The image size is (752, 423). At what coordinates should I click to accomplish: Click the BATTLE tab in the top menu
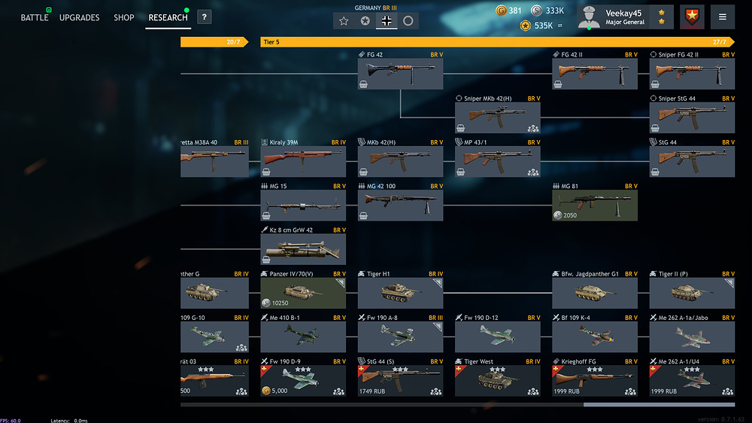35,17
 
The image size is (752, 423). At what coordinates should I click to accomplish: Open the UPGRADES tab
79,17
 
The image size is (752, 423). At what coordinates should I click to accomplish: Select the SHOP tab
124,17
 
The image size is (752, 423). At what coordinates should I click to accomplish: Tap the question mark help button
204,17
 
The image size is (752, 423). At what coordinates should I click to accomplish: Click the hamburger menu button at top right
723,17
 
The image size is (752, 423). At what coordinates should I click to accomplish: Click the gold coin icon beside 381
502,11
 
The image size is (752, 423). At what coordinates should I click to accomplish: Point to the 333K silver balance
555,11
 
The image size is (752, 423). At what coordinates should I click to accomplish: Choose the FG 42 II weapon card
595,73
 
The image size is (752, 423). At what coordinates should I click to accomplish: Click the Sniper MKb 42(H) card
497,117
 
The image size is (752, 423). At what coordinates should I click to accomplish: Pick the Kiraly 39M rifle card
303,160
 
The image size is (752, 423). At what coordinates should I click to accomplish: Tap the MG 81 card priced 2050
595,205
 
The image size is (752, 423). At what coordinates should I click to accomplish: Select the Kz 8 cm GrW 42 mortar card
303,248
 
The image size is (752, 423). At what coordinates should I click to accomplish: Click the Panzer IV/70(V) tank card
303,292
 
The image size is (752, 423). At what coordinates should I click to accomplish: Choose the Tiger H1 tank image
399,293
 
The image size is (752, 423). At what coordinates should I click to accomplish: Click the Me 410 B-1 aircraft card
303,336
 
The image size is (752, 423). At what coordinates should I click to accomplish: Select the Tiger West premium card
497,379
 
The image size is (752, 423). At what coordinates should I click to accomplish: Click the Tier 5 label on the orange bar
272,42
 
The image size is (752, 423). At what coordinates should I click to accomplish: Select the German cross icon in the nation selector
387,20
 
